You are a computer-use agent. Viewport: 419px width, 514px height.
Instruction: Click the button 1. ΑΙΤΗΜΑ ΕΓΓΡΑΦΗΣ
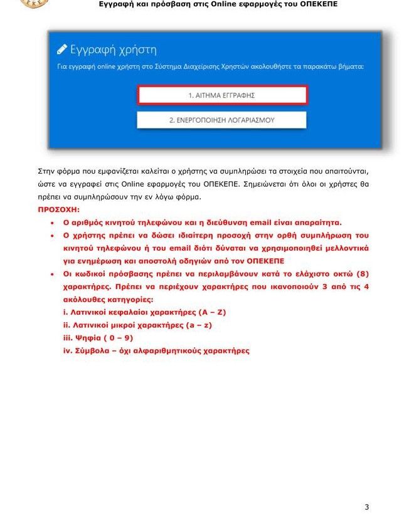[x=222, y=95]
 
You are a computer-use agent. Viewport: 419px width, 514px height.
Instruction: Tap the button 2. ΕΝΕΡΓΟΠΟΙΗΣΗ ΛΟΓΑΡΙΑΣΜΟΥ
[x=221, y=120]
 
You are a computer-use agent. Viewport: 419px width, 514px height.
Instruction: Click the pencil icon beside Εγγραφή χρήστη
[x=61, y=50]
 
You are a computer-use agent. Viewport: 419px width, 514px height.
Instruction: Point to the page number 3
[x=366, y=506]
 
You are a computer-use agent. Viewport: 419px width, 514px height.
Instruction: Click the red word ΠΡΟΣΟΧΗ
[x=58, y=209]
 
